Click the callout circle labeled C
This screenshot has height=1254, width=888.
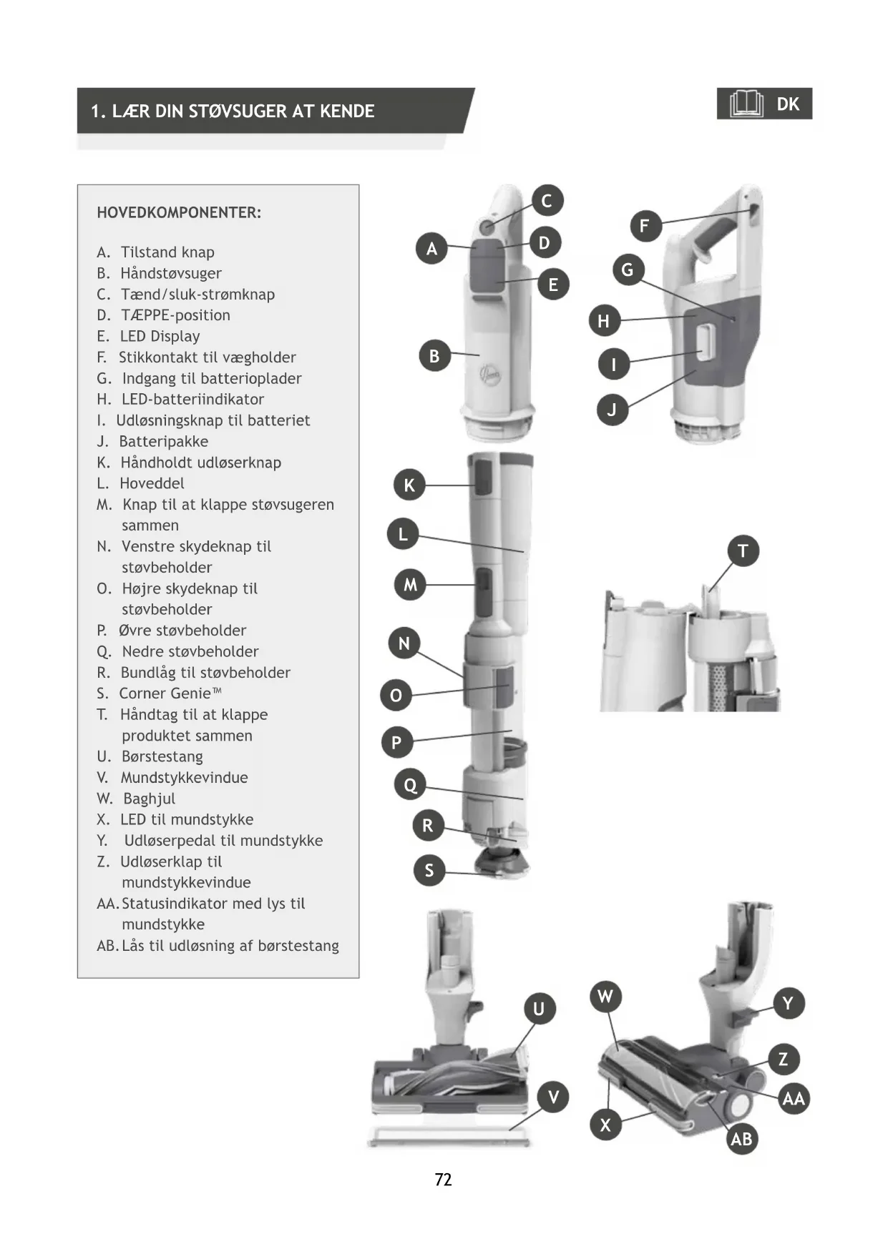point(547,201)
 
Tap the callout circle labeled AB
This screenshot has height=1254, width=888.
point(741,1139)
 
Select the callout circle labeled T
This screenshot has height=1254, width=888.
point(743,551)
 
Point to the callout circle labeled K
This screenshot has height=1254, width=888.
point(409,485)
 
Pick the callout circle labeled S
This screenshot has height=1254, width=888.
point(429,870)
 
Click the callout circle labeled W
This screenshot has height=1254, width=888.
point(605,997)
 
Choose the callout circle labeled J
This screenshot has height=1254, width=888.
point(612,410)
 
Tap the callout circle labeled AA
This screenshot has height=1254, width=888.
point(794,1099)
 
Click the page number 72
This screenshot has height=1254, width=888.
point(443,1180)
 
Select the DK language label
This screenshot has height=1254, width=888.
point(788,104)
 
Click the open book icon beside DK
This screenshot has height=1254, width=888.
point(746,104)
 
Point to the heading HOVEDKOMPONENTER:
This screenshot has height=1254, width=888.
point(179,212)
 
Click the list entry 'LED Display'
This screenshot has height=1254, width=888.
point(160,336)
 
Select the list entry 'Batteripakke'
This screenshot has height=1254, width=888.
point(163,441)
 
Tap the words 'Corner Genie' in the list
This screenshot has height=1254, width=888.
point(165,693)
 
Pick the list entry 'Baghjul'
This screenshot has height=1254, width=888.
point(149,799)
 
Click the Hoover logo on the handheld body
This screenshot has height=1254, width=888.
point(490,374)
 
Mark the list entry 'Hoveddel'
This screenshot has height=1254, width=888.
point(152,483)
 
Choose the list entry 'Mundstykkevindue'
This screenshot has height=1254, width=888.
point(184,777)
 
